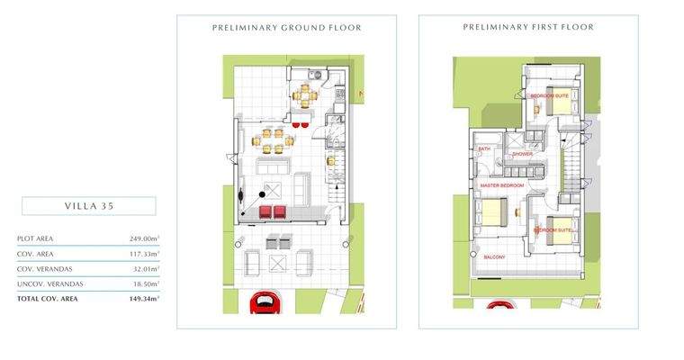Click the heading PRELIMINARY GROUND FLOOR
(x=286, y=28)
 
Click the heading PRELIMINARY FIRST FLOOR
(x=528, y=28)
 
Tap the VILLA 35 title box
(x=88, y=206)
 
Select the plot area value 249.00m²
(x=144, y=238)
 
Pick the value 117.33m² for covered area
(x=144, y=254)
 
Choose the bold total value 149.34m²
(x=143, y=298)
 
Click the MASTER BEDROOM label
(x=501, y=185)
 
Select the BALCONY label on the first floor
(x=493, y=256)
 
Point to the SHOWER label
(x=522, y=154)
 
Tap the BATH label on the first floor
(x=484, y=149)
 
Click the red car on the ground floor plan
(x=264, y=303)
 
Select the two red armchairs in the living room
(x=272, y=211)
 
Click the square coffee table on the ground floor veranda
(x=279, y=262)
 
